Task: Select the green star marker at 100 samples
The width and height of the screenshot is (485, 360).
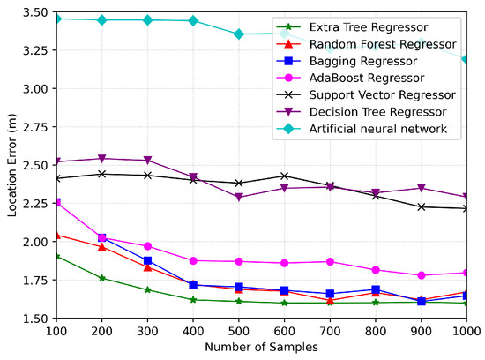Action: pos(56,257)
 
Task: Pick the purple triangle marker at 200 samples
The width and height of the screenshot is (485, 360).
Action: pos(102,159)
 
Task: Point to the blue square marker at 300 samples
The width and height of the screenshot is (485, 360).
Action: pos(147,261)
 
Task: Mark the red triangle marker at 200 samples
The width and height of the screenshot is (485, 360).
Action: pos(102,247)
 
